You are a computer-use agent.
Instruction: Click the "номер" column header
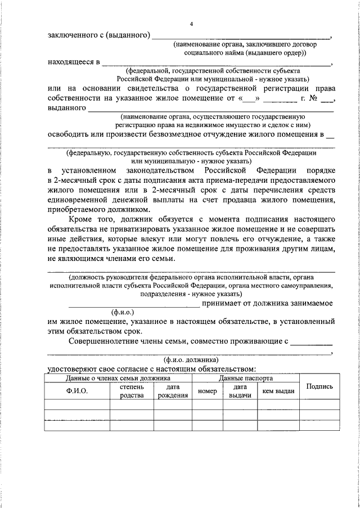point(208,391)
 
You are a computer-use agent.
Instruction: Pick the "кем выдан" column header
point(277,391)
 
